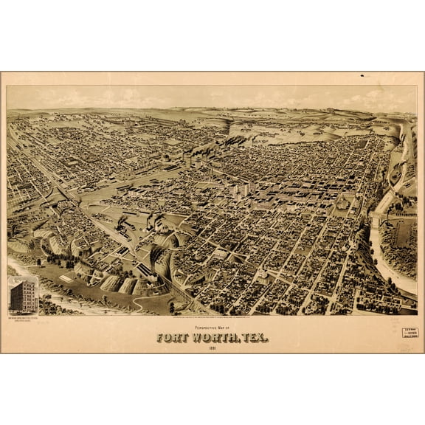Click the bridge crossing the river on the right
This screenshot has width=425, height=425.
(x=377, y=218)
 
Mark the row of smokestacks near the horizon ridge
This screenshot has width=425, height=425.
(x=243, y=138)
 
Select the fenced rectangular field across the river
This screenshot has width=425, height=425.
(x=402, y=234)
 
